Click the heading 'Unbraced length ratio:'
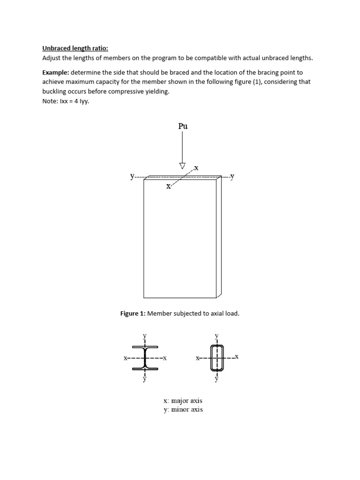click(75, 48)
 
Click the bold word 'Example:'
click(56, 73)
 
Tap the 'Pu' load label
click(183, 126)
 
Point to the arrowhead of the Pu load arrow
click(182, 165)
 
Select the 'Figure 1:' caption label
click(134, 314)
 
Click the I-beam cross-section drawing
click(145, 358)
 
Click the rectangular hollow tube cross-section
click(217, 358)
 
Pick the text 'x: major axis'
click(183, 401)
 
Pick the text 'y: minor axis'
click(183, 410)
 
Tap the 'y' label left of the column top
click(132, 177)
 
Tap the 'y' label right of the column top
click(232, 176)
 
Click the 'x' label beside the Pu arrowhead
click(196, 167)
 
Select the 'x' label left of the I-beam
click(126, 358)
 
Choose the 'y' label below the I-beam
click(144, 379)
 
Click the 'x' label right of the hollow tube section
click(237, 357)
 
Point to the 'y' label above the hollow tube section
click(217, 336)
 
